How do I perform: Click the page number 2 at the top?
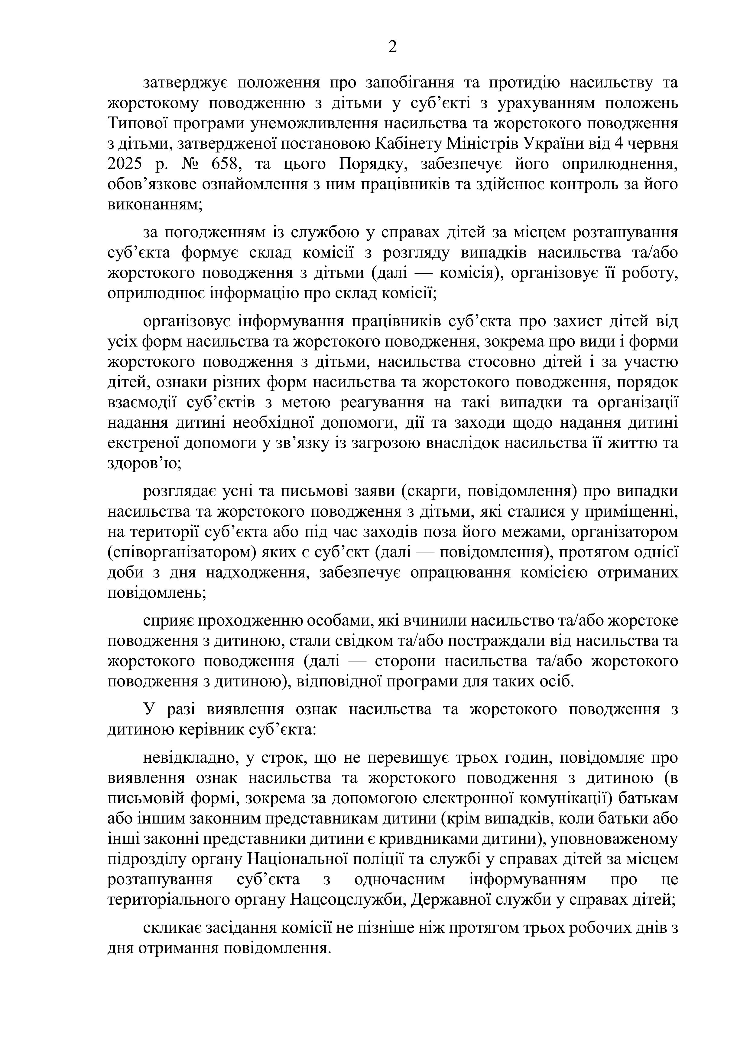pyautogui.click(x=392, y=47)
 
